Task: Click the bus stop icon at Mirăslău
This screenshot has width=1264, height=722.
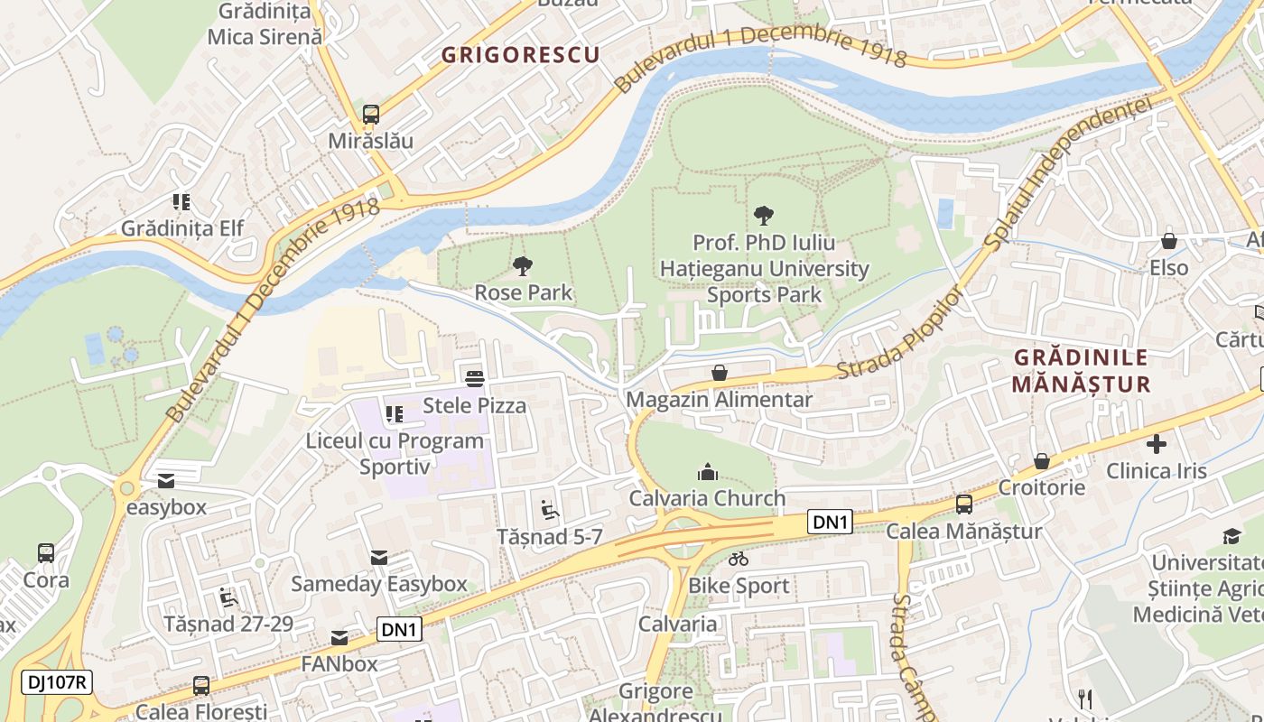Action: (371, 115)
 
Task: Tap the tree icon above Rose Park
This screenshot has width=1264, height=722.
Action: (522, 265)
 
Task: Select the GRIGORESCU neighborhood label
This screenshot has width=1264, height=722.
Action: (520, 55)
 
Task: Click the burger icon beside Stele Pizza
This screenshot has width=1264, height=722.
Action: (475, 378)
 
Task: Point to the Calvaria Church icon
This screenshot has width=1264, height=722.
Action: (708, 471)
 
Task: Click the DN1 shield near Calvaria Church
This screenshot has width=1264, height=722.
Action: (830, 522)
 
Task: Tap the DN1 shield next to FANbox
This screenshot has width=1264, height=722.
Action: (399, 629)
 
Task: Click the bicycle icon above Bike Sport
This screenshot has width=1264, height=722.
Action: (739, 559)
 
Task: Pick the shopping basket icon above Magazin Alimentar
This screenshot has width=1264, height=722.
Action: (720, 373)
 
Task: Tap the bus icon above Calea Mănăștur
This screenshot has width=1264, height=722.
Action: (964, 504)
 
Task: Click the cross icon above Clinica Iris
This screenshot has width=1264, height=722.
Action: (1157, 444)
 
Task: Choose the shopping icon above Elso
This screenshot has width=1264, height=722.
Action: (1169, 241)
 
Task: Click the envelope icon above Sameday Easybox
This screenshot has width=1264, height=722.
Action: (379, 558)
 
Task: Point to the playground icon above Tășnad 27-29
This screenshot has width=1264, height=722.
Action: (228, 597)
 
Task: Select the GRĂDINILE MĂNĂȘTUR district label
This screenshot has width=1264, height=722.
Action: (1081, 371)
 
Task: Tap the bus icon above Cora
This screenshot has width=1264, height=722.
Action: (46, 552)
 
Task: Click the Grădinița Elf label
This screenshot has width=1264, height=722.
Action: (182, 228)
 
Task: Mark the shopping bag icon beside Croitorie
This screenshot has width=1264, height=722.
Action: (1042, 461)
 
